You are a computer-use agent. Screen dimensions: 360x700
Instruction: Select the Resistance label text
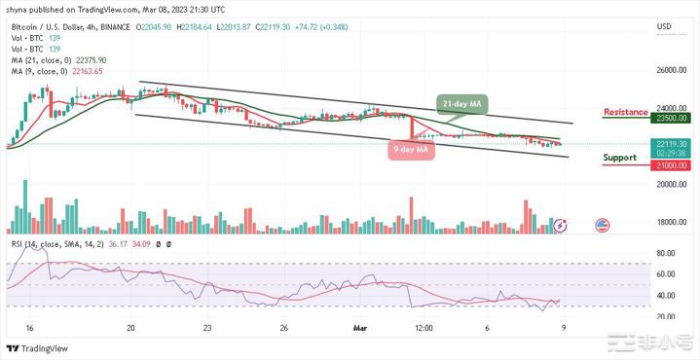coord(625,112)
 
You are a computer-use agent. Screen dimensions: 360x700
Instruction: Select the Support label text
coord(621,157)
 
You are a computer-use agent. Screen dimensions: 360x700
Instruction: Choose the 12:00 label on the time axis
coord(424,329)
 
